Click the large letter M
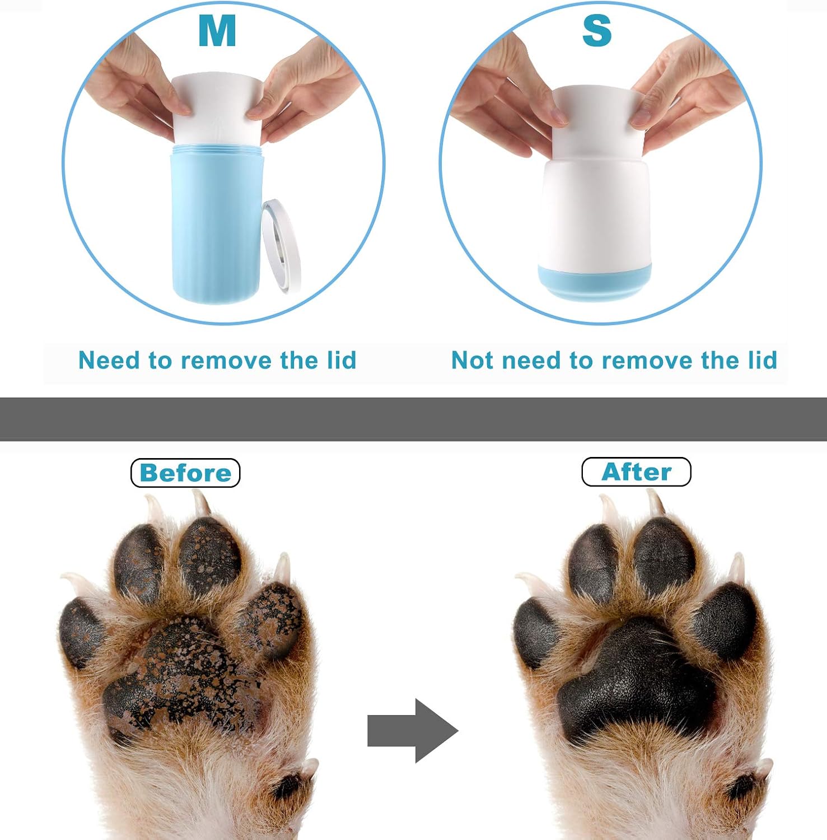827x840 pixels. pos(217,30)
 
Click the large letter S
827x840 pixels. pos(597,31)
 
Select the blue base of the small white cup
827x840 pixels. pos(595,283)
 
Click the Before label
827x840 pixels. pos(185,473)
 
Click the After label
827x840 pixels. pos(637,472)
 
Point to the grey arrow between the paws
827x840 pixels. pos(413,730)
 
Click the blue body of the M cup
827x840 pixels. pos(216,224)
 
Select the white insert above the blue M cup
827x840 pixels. pos(217,109)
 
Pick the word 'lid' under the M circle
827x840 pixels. pos(342,360)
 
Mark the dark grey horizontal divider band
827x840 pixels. pos(413,419)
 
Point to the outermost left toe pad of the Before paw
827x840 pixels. pos(81,633)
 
